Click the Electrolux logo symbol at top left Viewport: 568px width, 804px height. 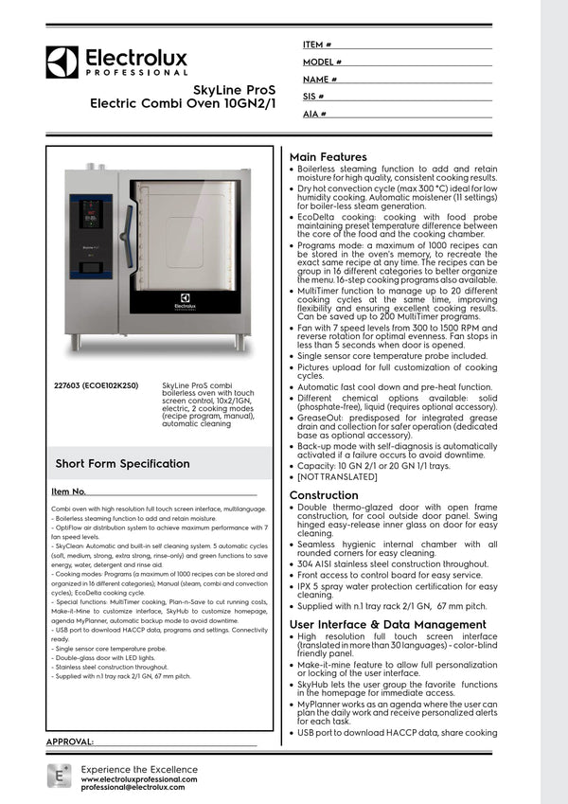point(62,62)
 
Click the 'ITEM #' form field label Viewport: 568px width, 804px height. point(317,45)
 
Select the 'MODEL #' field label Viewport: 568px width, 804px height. point(322,62)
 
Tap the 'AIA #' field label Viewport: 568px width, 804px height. point(315,114)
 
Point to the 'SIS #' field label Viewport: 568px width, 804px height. point(314,97)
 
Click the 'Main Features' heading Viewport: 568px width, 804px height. point(328,156)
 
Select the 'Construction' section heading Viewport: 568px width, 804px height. point(324,495)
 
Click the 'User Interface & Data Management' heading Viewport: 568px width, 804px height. point(381,625)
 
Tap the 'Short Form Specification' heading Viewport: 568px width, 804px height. point(122,464)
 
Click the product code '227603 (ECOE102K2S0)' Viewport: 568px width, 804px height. point(97,386)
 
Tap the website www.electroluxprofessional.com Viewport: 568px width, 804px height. point(139,778)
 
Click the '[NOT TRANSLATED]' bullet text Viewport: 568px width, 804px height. point(338,476)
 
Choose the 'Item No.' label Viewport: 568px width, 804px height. point(69,491)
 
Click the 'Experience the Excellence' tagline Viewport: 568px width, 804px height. point(139,768)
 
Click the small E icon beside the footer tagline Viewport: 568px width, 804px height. point(60,777)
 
